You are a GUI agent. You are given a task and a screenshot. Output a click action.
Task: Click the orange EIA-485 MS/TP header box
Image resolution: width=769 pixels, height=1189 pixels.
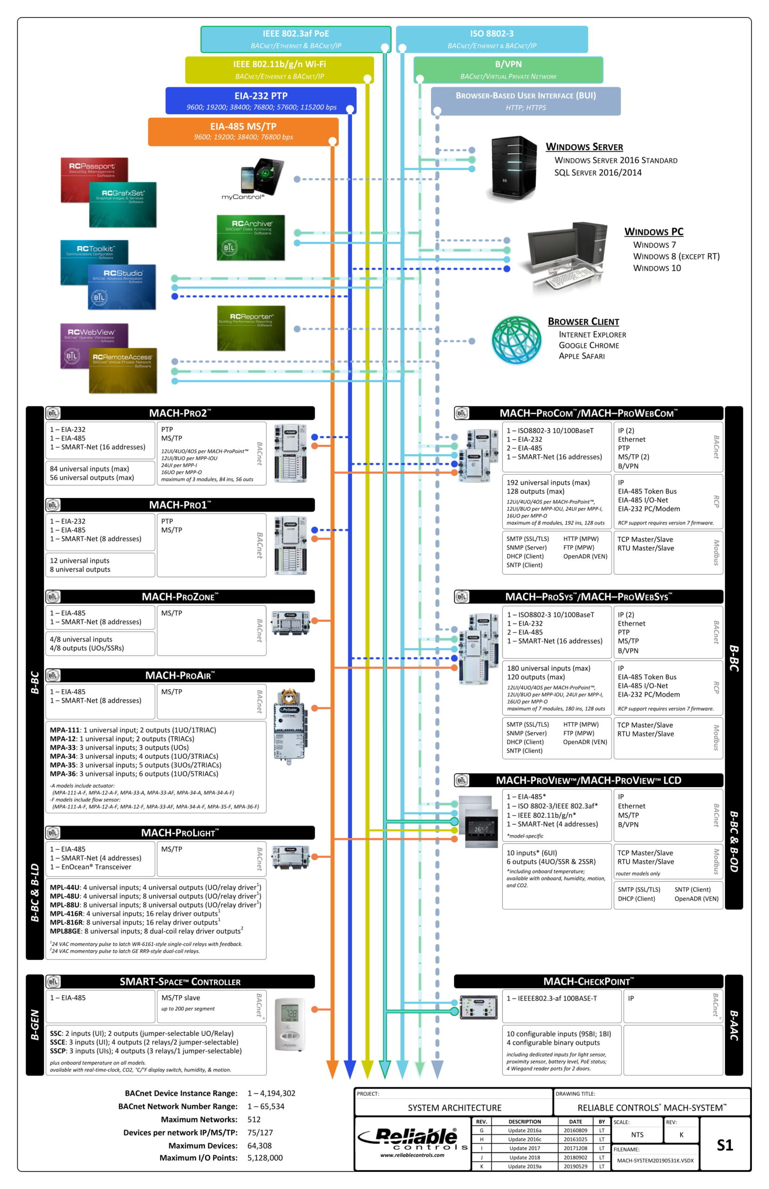click(x=243, y=131)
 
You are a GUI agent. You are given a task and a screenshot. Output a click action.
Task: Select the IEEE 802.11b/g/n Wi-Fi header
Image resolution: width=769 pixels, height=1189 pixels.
click(x=279, y=69)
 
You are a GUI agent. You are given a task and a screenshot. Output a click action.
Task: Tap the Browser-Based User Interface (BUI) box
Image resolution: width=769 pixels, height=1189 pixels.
click(x=525, y=101)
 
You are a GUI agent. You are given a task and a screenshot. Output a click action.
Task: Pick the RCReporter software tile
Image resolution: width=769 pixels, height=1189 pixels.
click(x=251, y=327)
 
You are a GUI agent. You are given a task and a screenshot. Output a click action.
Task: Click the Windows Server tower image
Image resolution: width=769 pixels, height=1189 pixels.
click(x=513, y=168)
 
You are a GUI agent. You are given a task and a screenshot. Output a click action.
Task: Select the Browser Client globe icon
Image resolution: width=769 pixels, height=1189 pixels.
click(x=516, y=340)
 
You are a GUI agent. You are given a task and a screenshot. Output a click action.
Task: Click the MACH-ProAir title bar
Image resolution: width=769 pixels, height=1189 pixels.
click(x=180, y=675)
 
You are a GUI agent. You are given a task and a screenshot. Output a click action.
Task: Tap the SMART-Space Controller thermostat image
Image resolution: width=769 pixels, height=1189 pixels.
click(x=290, y=1024)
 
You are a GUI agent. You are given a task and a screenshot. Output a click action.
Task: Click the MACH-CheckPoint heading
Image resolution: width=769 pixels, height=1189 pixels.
click(x=588, y=981)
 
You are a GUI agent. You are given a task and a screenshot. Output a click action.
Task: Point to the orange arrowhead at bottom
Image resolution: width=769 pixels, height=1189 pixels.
click(x=332, y=1070)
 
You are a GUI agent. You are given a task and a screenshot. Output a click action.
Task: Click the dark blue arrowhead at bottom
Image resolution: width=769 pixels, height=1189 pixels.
click(x=350, y=1070)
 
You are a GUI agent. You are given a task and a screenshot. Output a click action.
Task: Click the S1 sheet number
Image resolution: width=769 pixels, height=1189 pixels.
click(x=724, y=1144)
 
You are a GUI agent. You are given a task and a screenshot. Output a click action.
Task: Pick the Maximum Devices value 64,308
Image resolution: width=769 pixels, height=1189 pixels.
click(x=259, y=1145)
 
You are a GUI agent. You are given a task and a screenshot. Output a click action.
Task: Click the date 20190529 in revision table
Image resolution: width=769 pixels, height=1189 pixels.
click(x=575, y=1166)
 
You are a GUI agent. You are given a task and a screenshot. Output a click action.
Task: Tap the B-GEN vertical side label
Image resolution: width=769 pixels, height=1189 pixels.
click(x=34, y=1024)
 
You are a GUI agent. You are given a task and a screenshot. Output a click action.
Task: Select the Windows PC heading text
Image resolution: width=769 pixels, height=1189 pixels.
click(x=653, y=232)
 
